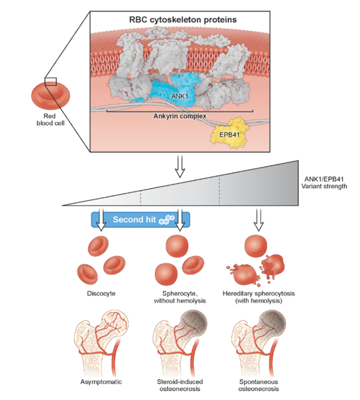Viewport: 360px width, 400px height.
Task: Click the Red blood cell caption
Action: click(50, 120)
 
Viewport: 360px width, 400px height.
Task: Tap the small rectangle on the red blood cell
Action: click(50, 82)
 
